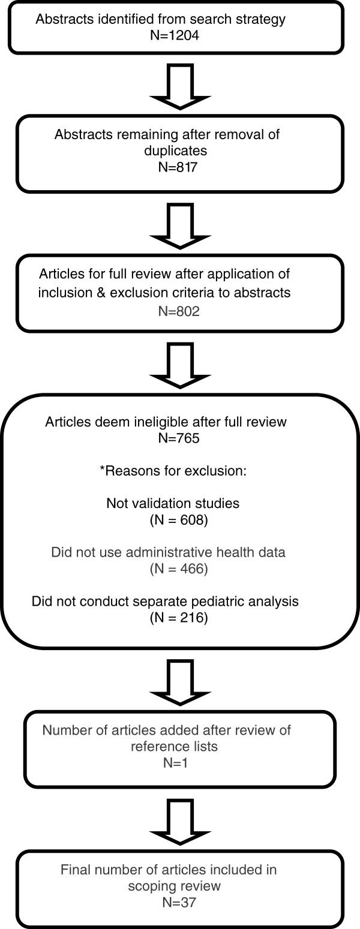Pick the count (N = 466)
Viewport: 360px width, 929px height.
[x=179, y=568]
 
